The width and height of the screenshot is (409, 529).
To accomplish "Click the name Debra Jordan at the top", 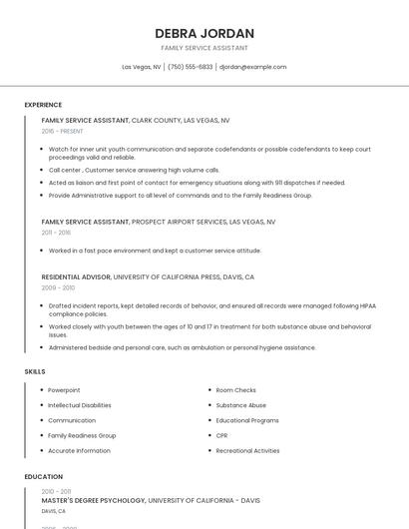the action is click(204, 33).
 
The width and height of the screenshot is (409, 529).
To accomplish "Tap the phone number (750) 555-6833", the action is click(190, 67).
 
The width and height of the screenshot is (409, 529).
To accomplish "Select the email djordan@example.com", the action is click(252, 67).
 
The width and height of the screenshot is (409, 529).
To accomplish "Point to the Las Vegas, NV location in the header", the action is click(142, 67).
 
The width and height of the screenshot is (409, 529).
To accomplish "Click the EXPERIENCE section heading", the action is click(43, 105).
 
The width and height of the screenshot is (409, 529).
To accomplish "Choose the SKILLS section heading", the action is click(35, 371).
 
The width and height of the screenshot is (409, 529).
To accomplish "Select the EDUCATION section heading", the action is click(44, 477).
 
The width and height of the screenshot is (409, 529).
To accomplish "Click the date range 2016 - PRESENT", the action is click(62, 132).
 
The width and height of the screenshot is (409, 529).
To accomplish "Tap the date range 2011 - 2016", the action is click(56, 233).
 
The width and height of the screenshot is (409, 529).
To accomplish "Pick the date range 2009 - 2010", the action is click(57, 287).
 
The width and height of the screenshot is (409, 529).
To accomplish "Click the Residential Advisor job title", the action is click(76, 276).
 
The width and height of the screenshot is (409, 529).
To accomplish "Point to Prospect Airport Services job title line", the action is click(159, 222).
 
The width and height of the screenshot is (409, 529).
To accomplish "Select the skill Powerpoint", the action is click(64, 390).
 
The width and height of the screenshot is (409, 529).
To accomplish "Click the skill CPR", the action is click(222, 435).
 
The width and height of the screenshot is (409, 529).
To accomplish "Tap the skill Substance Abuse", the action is click(241, 405).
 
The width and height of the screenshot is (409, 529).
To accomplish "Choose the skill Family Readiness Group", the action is click(82, 435).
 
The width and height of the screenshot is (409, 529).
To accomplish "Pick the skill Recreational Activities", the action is click(247, 450).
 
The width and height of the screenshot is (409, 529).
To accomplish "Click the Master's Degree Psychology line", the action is click(151, 500).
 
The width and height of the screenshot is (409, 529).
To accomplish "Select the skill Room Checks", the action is click(236, 390).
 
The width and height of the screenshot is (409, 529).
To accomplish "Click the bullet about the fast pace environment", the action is click(155, 251).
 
